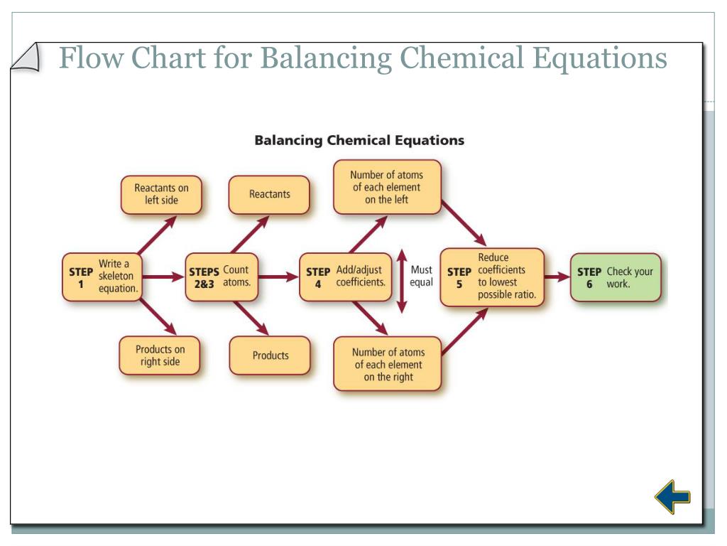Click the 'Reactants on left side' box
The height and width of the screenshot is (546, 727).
coord(161,194)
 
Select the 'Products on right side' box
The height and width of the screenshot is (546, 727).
coord(160,355)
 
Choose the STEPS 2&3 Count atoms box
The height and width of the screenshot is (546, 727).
coord(221,277)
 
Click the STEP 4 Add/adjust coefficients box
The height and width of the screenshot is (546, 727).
coord(346,277)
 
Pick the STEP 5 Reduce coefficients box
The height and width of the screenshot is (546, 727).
coord(491,277)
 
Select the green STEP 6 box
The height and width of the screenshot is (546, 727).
coord(616,277)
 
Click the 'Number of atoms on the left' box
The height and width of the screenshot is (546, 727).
coord(387,187)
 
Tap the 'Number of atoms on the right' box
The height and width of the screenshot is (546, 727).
coord(387,364)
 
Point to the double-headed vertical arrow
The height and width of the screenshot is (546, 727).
coord(402,280)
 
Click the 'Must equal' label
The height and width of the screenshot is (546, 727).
coord(421,277)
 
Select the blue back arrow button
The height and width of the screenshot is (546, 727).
coord(672,497)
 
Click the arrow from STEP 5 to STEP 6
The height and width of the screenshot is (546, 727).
coord(557,277)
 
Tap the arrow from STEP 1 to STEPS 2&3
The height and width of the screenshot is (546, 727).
coord(164,277)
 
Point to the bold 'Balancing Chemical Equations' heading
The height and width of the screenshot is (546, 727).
coord(359,140)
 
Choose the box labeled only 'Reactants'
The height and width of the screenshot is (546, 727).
coord(269,194)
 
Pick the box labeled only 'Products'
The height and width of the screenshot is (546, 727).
coord(270,355)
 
